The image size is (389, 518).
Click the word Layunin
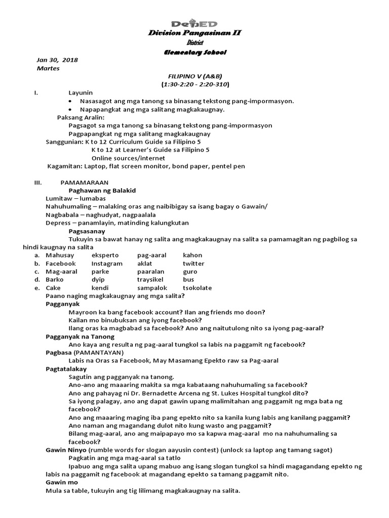[81, 93]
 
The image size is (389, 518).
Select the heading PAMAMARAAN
[84, 182]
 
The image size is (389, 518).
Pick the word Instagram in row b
[107, 264]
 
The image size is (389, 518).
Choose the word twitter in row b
[193, 264]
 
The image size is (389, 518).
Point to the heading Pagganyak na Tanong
[80, 336]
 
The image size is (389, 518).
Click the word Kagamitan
[64, 166]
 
